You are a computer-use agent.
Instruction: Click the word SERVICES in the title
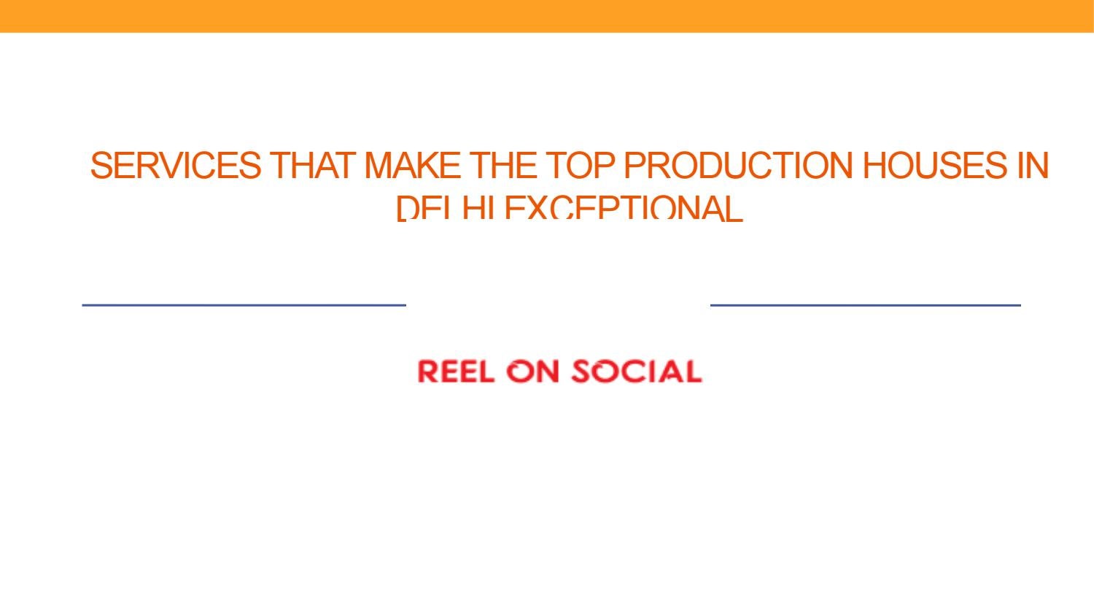pyautogui.click(x=175, y=166)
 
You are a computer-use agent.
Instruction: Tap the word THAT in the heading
pyautogui.click(x=312, y=166)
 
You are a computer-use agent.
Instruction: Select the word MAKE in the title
pyautogui.click(x=412, y=166)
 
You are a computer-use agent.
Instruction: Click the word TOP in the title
pyautogui.click(x=581, y=166)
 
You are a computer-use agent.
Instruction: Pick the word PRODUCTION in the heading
pyautogui.click(x=738, y=166)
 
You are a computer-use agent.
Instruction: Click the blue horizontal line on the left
pyautogui.click(x=244, y=305)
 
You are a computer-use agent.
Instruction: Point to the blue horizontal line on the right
pyautogui.click(x=865, y=305)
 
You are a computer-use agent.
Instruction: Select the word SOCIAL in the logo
pyautogui.click(x=636, y=371)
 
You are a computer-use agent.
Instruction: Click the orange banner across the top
pyautogui.click(x=547, y=15)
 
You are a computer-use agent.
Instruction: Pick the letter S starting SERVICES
pyautogui.click(x=101, y=166)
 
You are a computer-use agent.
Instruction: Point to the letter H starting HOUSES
pyautogui.click(x=874, y=166)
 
